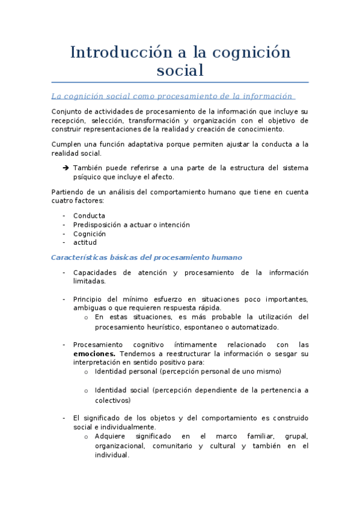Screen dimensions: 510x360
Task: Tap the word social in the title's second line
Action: click(x=180, y=70)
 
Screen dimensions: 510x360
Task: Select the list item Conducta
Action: click(x=89, y=215)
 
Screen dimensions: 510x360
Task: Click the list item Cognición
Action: click(x=90, y=233)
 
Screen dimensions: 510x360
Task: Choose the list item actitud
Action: click(x=85, y=242)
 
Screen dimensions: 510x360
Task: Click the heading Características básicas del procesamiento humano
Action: click(x=147, y=257)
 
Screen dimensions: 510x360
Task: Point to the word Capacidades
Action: click(x=96, y=272)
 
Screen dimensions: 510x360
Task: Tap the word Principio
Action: click(x=90, y=300)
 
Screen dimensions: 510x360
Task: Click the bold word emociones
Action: click(x=94, y=354)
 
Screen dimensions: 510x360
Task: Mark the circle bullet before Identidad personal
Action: click(x=87, y=372)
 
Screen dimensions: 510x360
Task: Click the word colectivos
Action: click(x=112, y=400)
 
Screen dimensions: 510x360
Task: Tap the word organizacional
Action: click(x=120, y=446)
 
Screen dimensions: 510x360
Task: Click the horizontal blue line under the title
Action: click(x=180, y=82)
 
